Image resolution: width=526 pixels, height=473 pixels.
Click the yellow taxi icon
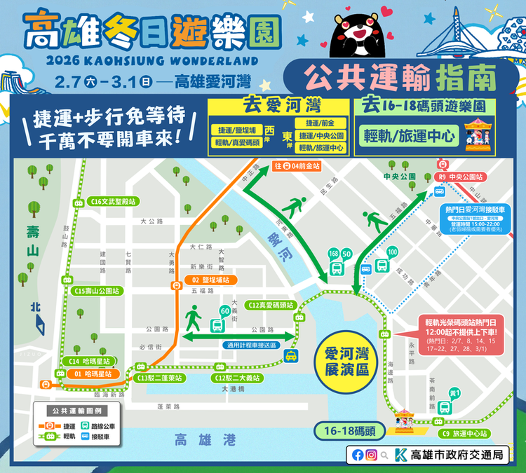(291, 356)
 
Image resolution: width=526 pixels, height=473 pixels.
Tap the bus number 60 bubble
(225, 311)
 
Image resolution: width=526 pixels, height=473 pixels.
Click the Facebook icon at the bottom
(358, 455)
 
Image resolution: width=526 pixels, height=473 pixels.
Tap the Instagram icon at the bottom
(372, 455)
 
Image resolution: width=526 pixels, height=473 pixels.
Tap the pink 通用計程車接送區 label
(251, 345)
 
